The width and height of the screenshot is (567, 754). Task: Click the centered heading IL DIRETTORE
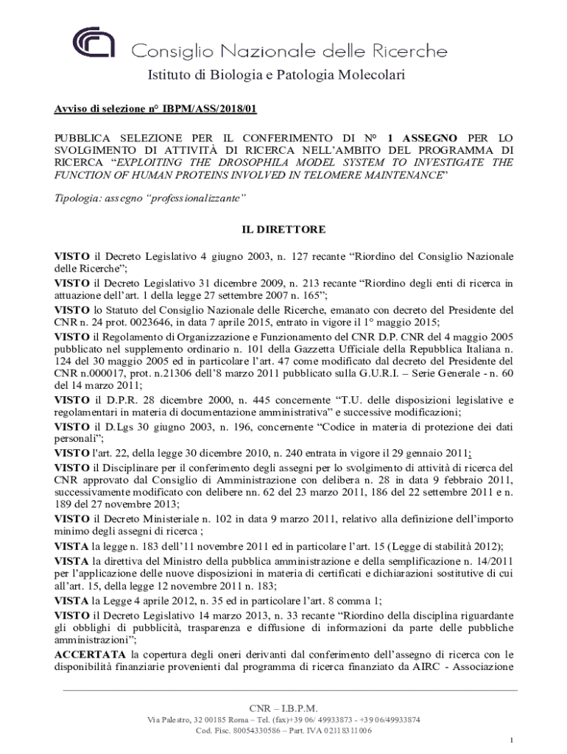point(283,230)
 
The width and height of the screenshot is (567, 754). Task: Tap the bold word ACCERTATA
point(91,653)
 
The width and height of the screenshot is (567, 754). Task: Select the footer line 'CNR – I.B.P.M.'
point(283,708)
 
